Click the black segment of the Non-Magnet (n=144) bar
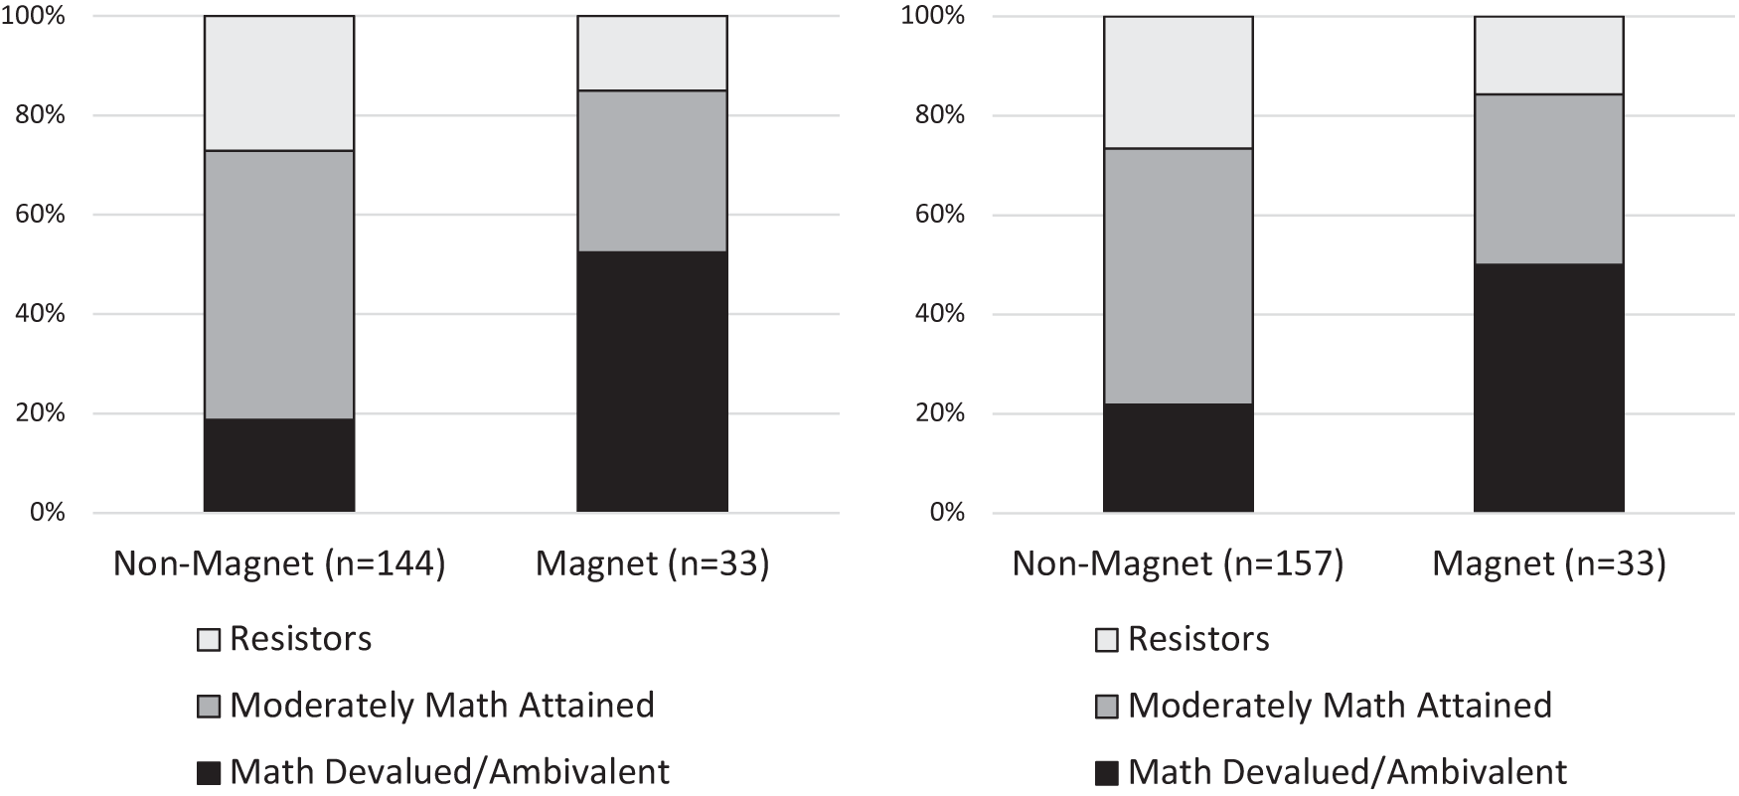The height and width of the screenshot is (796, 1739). coord(279,465)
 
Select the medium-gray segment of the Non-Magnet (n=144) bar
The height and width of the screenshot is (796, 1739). coord(279,284)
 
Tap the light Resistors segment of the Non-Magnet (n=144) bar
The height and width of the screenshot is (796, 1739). coord(279,83)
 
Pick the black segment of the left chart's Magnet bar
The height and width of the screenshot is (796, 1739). coord(652,382)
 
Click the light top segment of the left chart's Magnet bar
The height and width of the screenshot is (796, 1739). coord(652,54)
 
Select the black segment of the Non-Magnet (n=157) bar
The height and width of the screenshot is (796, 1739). coord(1178,458)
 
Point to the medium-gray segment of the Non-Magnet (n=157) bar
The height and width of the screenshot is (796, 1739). coord(1178,276)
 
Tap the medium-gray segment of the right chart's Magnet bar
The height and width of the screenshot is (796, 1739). coord(1548,179)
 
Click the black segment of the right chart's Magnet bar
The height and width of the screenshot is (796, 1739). coord(1548,388)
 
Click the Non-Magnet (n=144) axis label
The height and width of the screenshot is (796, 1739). coord(279,564)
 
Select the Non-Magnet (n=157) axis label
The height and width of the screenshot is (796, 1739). coord(1178,564)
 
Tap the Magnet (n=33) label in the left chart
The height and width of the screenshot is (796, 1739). coord(652,564)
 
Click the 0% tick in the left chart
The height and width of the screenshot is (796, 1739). coord(46,513)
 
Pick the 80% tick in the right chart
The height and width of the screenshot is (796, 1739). coord(938,115)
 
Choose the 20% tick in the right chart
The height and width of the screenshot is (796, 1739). coord(938,413)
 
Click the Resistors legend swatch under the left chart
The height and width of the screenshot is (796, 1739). coord(209,640)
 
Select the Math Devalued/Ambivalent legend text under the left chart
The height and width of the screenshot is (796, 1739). coord(449,772)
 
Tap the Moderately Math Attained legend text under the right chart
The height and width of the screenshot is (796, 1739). coord(1340,706)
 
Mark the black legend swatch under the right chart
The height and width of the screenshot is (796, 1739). coord(1107,773)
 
